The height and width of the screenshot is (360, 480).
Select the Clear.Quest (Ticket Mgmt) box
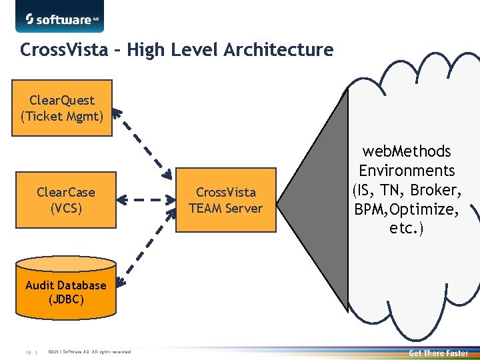coord(62,108)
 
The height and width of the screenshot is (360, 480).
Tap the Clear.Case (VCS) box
coord(66,200)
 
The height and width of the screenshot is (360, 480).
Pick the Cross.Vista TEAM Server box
coord(225,200)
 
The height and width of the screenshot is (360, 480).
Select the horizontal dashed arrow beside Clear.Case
coord(145,199)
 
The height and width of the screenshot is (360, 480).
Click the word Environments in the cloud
coord(407,171)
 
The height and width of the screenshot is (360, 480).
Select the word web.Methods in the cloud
coord(407,152)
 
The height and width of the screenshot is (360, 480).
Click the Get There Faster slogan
coord(438,353)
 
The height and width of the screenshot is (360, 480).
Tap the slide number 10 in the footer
coord(29,353)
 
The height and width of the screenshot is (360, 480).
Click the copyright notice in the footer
coord(90,353)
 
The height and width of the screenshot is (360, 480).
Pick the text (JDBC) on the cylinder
coord(66,299)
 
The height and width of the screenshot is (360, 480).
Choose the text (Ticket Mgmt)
coord(62,116)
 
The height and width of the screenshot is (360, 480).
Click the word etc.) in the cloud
coord(407,229)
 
